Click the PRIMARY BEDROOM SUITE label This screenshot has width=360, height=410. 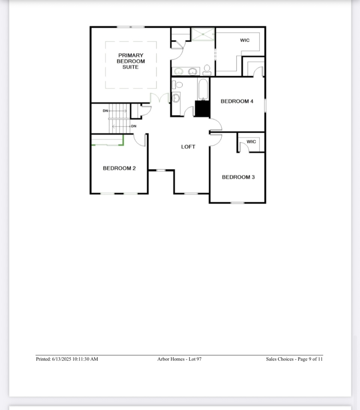pos(131,61)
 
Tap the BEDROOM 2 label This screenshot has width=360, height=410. pos(119,168)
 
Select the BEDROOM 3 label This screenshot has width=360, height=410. pos(238,177)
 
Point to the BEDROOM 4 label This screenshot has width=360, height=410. pos(237,101)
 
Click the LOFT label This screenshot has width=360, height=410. pos(188,147)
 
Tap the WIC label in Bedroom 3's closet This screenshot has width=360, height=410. pos(251,142)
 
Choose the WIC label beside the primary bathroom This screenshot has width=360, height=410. pos(244,41)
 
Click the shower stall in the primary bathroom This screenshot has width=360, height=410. pos(203,34)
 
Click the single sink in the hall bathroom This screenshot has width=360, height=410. pos(176,98)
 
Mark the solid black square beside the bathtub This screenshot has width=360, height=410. pos(202,109)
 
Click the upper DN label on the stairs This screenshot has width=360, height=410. pos(105,111)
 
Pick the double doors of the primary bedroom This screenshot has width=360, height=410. pos(159,98)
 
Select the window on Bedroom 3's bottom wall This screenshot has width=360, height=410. pos(237,203)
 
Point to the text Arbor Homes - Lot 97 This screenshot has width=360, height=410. pos(179,359)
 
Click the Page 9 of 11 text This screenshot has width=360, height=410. pos(310,359)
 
